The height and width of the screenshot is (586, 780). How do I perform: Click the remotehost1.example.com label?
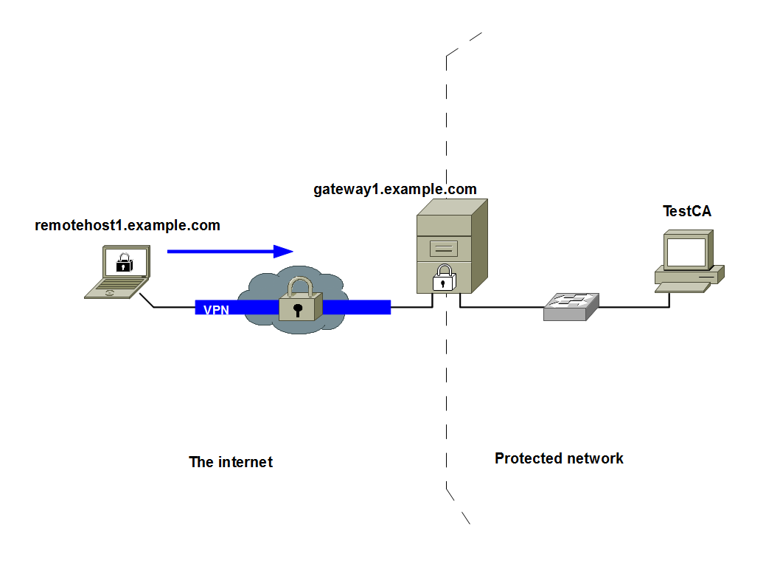128,226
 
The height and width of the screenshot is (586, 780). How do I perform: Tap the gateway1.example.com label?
395,190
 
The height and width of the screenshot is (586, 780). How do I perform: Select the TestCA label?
687,212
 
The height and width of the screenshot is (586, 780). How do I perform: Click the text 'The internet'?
231,463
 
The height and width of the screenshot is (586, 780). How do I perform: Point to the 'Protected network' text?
559,459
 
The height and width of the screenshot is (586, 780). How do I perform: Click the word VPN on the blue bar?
216,310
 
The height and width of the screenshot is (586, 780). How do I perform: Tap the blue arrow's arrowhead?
284,252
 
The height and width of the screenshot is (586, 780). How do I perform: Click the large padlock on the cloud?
300,300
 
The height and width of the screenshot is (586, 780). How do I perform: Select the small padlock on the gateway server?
443,278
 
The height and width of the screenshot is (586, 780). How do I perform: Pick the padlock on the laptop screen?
125,262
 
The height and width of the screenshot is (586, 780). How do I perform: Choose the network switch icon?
571,306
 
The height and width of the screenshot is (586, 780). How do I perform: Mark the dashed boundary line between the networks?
446,369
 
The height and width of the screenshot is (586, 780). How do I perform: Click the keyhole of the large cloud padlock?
297,309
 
